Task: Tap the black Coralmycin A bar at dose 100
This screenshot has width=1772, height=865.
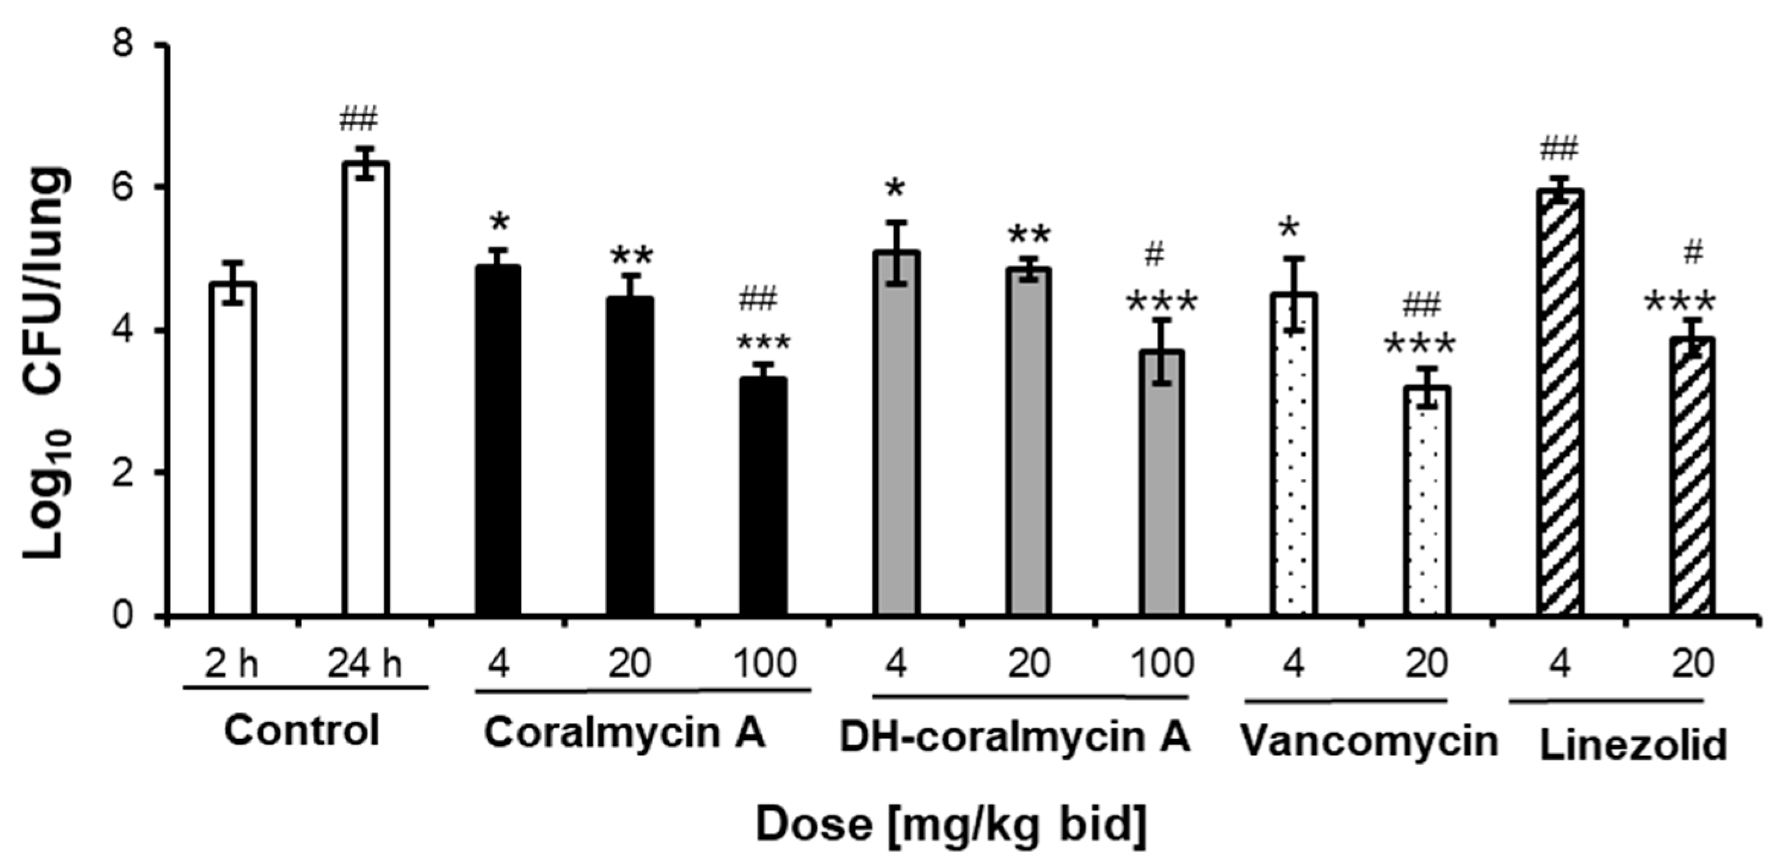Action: pyautogui.click(x=763, y=496)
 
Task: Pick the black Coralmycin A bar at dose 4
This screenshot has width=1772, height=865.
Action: pyautogui.click(x=498, y=440)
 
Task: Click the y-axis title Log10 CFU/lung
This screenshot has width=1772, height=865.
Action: pyautogui.click(x=46, y=365)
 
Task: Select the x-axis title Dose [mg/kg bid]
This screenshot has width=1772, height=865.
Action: pyautogui.click(x=952, y=824)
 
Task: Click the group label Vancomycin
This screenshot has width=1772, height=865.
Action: pyautogui.click(x=1369, y=742)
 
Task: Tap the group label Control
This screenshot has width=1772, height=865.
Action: pyautogui.click(x=302, y=730)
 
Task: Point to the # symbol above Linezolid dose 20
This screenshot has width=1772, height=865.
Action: pyautogui.click(x=1694, y=253)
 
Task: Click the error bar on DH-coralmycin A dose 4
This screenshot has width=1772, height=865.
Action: pyautogui.click(x=896, y=253)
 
